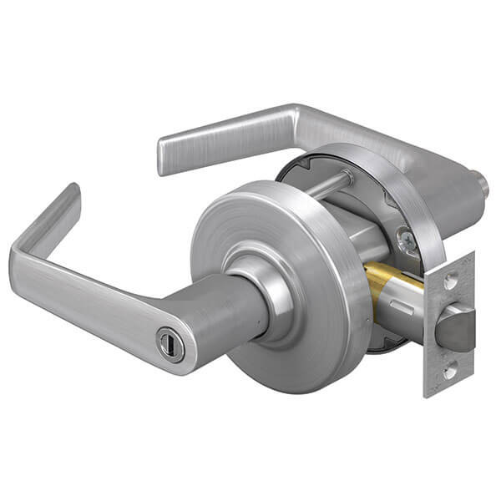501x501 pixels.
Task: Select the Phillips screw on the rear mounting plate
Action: point(407,242)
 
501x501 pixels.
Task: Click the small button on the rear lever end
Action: point(481,180)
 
